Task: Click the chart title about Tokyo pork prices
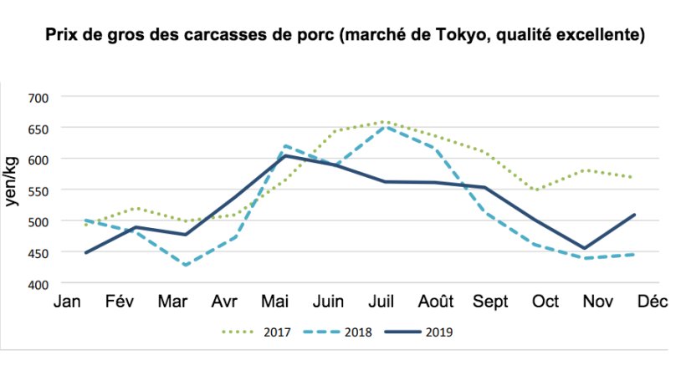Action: [x=343, y=36]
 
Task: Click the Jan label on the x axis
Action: [x=66, y=303]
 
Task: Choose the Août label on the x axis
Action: [x=438, y=303]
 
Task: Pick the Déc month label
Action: [x=652, y=303]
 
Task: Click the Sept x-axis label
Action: [x=491, y=303]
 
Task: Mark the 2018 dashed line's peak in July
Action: [x=384, y=127]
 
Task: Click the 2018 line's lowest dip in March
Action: [x=183, y=266]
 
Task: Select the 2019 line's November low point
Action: [x=585, y=248]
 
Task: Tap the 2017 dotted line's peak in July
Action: [x=384, y=122]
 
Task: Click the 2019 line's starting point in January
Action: [x=85, y=252]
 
